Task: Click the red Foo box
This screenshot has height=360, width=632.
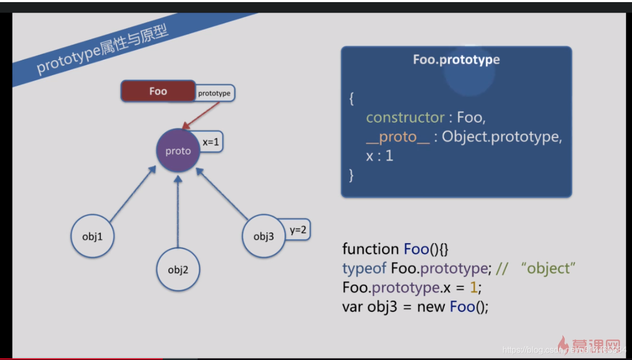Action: [x=158, y=91]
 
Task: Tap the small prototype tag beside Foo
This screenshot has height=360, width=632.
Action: [x=214, y=93]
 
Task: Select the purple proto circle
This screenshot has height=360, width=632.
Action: [x=178, y=151]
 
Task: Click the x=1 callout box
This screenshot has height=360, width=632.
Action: [x=210, y=142]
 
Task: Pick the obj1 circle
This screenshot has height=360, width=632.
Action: [x=92, y=236]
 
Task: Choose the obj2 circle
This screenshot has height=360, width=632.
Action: [x=178, y=269]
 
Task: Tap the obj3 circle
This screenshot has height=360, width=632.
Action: [x=263, y=236]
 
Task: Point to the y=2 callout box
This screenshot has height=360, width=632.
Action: [x=298, y=230]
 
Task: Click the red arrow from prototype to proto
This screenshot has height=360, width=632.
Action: [x=201, y=115]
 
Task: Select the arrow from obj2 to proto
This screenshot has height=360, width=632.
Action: [x=178, y=211]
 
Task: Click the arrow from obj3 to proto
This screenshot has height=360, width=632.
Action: [x=222, y=193]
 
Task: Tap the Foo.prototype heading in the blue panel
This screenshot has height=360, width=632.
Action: [x=456, y=60]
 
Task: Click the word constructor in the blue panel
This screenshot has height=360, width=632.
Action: [x=405, y=117]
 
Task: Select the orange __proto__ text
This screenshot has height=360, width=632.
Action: [x=397, y=137]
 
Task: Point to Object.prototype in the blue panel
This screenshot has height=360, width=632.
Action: [x=499, y=137]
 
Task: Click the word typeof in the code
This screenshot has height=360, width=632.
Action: [x=365, y=269]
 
